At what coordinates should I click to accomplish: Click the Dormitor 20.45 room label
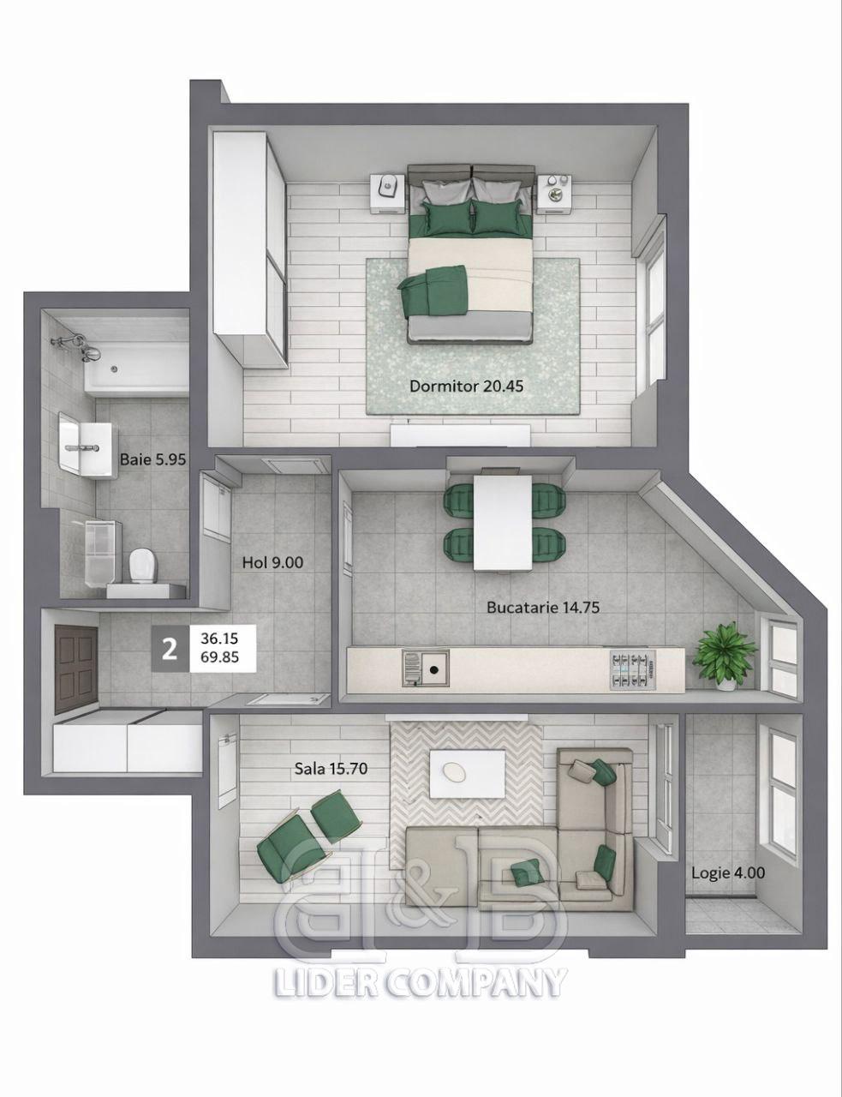pos(466,387)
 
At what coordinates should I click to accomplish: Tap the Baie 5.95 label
pos(152,459)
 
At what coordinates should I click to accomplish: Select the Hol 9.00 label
pos(272,562)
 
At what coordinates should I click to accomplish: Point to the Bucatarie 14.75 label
pos(543,608)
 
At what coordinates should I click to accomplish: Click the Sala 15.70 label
pos(331,769)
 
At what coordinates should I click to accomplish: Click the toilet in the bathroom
pos(143,566)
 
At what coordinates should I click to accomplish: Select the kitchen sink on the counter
pos(425,668)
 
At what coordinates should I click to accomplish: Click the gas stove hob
pos(634,670)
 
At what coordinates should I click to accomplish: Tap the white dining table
pos(503,523)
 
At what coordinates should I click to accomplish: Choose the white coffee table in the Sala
pos(467,774)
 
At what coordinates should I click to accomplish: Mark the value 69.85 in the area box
pos(219,657)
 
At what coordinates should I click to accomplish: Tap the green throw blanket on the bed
pos(432,291)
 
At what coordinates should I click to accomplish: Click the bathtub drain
pos(115,369)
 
